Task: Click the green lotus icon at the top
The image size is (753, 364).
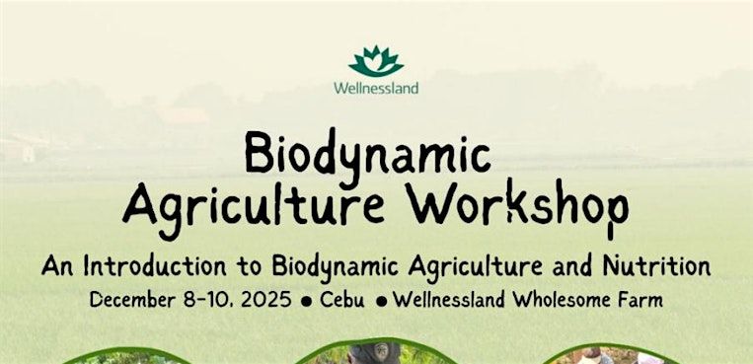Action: (x=376, y=61)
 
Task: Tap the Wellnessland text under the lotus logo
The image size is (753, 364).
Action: (x=376, y=88)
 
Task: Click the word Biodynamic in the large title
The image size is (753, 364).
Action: (x=368, y=157)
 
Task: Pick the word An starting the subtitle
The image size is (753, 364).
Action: (x=55, y=266)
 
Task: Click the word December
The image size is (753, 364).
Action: (x=134, y=300)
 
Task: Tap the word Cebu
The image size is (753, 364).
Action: (x=341, y=300)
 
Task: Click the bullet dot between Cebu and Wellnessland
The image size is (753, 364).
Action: (x=380, y=301)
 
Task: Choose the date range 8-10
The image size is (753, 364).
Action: (x=209, y=300)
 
